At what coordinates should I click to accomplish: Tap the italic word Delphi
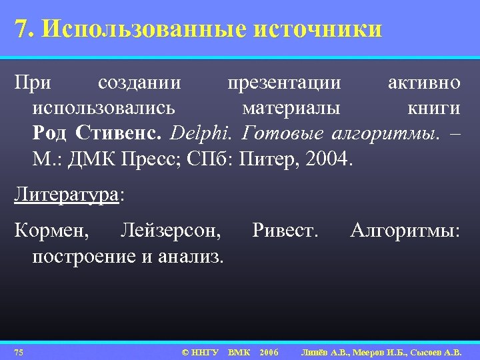coord(201,133)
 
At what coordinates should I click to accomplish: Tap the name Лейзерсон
coord(171,231)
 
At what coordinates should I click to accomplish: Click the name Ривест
coord(285,231)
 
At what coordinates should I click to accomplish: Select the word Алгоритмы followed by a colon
coord(405,231)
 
